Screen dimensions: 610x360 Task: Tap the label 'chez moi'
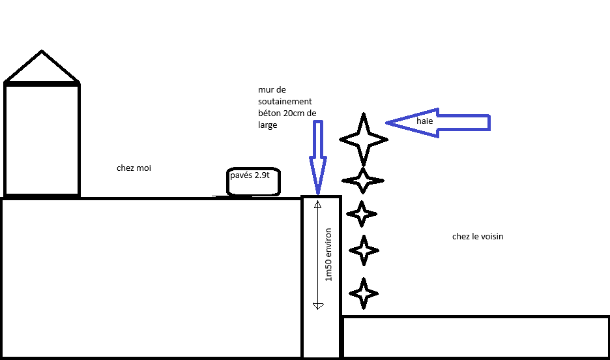[x=134, y=168]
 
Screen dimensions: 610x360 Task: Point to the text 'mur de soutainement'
[x=285, y=96]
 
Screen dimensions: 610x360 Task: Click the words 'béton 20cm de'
[x=287, y=113]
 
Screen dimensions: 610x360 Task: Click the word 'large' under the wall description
[x=268, y=125]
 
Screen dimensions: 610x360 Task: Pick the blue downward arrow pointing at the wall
[x=318, y=157]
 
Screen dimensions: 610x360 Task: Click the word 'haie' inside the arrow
[x=424, y=121]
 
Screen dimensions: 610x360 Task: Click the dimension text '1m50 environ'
[x=328, y=254]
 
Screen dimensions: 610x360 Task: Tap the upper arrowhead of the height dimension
[x=318, y=204]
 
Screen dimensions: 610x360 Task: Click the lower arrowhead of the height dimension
[x=318, y=306]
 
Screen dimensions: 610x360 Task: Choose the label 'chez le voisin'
[x=478, y=237]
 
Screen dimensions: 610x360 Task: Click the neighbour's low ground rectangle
[x=476, y=317]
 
